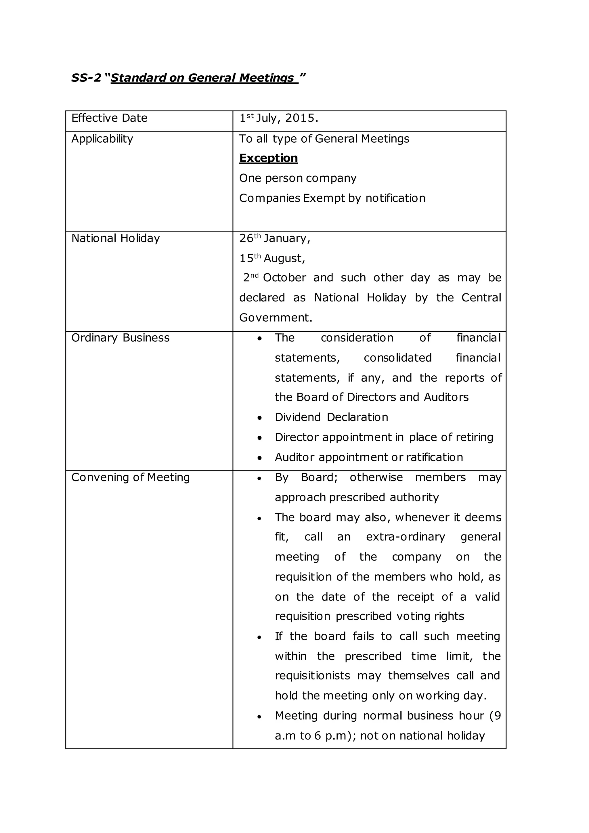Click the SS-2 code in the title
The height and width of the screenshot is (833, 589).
pos(86,78)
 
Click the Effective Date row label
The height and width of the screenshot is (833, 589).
pos(109,118)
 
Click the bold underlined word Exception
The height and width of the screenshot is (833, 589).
pos(268,158)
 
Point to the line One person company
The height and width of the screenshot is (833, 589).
pos(297,178)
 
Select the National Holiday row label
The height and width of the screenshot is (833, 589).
pos(115,238)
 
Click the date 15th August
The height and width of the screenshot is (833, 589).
pos(272,258)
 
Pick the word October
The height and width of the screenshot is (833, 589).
pos(284,278)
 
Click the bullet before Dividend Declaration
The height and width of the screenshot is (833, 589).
pos(259,418)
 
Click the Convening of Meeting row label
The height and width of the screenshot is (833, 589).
pos(130,477)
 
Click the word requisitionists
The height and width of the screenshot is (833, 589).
pos(312,676)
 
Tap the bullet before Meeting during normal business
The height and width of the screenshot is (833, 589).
pos(259,717)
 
